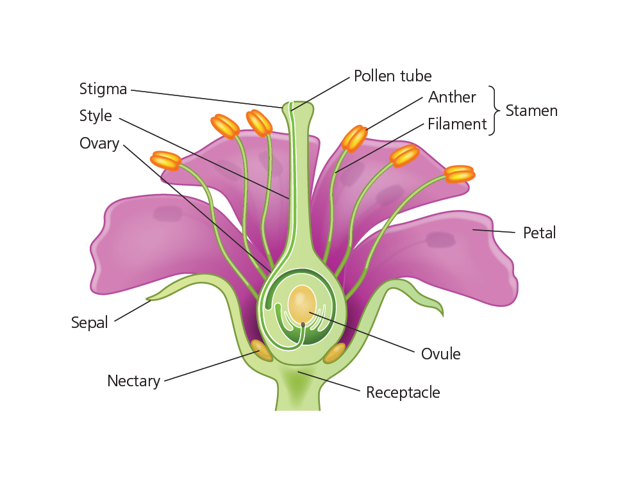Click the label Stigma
coord(103,88)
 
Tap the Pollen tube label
coord(392,76)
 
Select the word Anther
coord(452,97)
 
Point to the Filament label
coord(457,124)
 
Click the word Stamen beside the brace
coord(531,111)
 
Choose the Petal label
coord(539,233)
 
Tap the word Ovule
coord(440,354)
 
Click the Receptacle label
coord(403,392)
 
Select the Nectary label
coord(133,381)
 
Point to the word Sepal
coord(90,323)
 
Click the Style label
coord(96,116)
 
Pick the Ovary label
coord(99,143)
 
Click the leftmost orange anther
coord(165,160)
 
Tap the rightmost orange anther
coord(460,174)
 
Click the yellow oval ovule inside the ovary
coord(302,304)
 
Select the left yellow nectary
coord(261,350)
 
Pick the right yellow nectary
coord(335,353)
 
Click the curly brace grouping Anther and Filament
coord(495,111)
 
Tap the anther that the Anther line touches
coord(354,138)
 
